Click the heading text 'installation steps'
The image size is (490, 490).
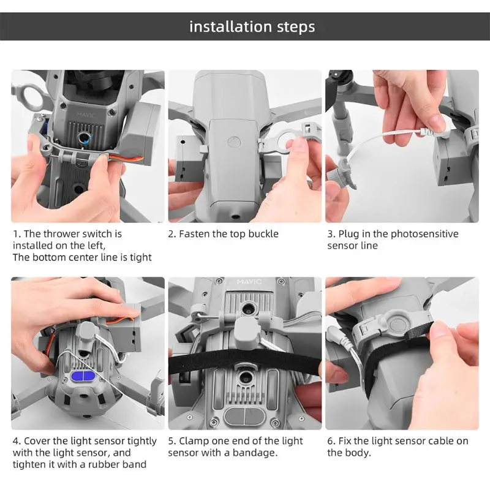coord(252,27)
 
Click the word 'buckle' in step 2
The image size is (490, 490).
coord(264,234)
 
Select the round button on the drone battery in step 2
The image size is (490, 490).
coord(235,142)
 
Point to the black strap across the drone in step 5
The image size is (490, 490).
coord(245,357)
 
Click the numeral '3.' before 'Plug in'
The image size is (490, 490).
coord(331,234)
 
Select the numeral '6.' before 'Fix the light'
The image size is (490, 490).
coord(331,441)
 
